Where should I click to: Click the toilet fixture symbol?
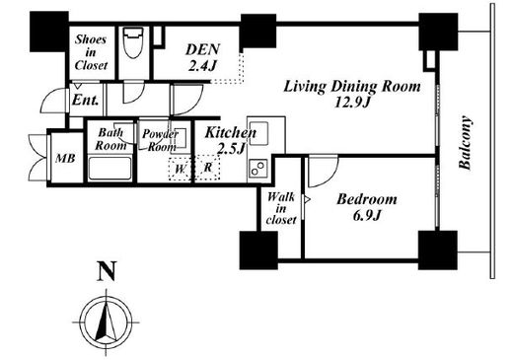(x=133, y=42)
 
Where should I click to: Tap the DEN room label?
(x=202, y=57)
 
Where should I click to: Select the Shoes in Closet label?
(x=91, y=52)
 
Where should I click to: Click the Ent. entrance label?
(x=85, y=100)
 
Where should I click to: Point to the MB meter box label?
(x=65, y=159)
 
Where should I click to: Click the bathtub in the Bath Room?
(x=110, y=169)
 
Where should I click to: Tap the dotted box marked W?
(x=180, y=169)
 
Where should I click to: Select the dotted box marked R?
(x=208, y=168)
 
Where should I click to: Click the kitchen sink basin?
(x=258, y=133)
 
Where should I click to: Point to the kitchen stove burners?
(x=258, y=168)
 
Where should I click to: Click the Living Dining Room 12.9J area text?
(x=352, y=95)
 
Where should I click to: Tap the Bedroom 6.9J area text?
(x=367, y=207)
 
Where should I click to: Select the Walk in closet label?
(x=281, y=209)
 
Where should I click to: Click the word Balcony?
(x=465, y=142)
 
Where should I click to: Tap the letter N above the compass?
(x=107, y=271)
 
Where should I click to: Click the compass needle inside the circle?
(x=106, y=323)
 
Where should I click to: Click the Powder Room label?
(x=160, y=140)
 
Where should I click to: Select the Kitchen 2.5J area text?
(x=230, y=141)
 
